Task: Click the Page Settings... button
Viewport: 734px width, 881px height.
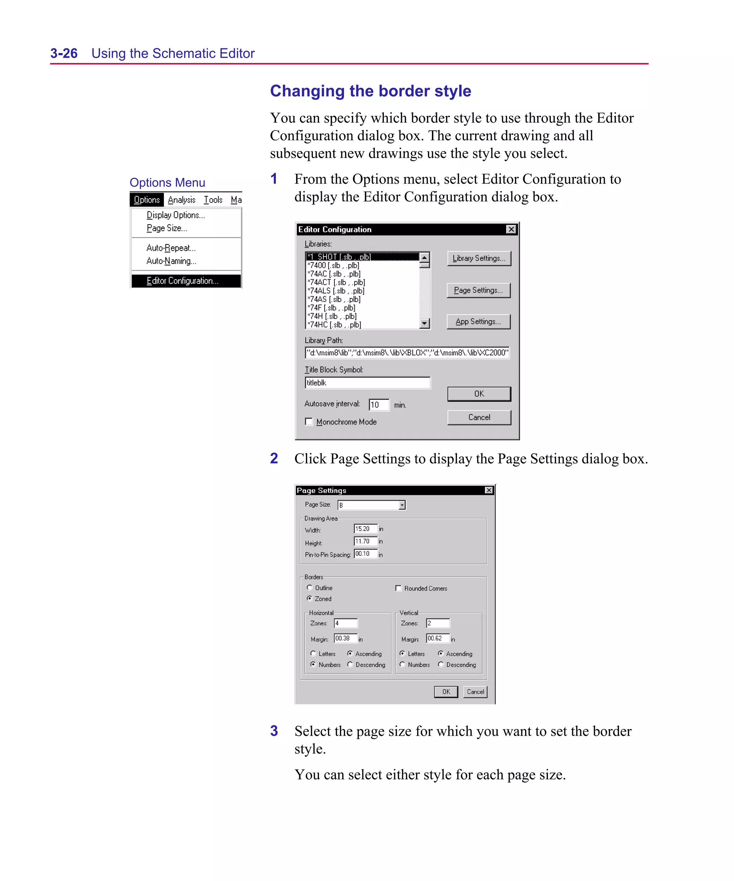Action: [x=478, y=290]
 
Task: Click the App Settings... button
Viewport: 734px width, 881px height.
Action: [x=478, y=322]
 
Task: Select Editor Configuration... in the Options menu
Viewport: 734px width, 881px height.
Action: [x=182, y=281]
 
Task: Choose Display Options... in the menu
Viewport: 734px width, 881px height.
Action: [x=176, y=215]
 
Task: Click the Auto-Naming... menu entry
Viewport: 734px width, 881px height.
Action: [x=171, y=261]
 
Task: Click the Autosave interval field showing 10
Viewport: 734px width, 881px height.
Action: [x=379, y=405]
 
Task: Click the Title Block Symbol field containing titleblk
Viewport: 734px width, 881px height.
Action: [x=367, y=383]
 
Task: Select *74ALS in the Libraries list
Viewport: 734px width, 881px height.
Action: [x=335, y=291]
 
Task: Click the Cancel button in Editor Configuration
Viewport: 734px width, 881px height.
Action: [x=479, y=417]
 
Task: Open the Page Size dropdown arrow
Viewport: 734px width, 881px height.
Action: [x=402, y=505]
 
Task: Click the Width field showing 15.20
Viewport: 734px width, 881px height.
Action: [x=365, y=529]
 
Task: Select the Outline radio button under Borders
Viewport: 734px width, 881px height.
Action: [x=310, y=588]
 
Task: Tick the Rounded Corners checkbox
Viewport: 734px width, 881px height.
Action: [x=399, y=588]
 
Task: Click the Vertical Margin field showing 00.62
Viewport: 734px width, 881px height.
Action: [x=438, y=639]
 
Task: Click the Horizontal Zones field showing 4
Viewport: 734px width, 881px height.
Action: [x=345, y=624]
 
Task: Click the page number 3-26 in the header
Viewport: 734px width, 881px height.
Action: [x=64, y=53]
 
